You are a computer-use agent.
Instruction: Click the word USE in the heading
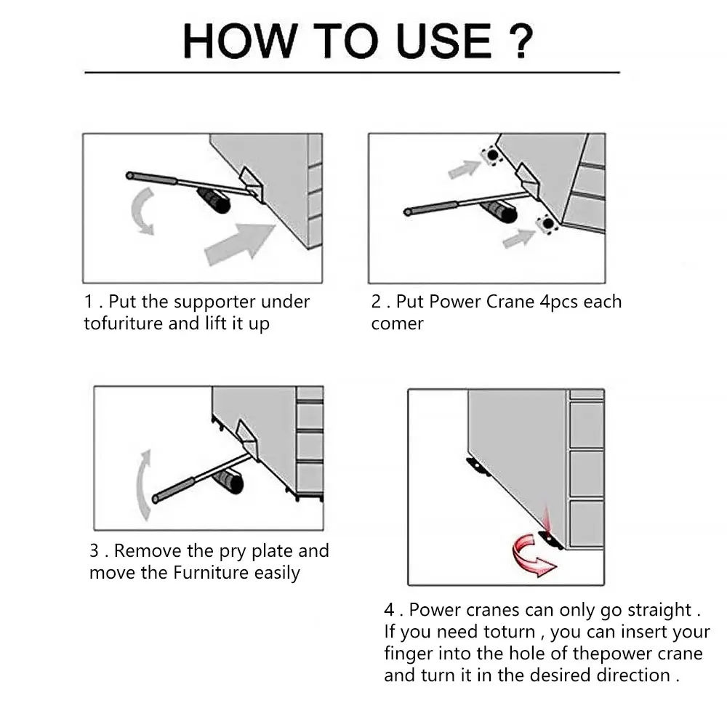tap(443, 41)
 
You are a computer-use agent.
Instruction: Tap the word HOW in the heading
tap(240, 41)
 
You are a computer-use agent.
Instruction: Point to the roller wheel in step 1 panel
tap(214, 201)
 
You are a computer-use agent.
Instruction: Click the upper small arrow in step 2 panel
tap(464, 169)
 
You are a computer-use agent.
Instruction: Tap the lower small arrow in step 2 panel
tap(519, 238)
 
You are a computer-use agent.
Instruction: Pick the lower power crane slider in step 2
tap(547, 225)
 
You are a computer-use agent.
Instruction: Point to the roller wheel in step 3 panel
tap(229, 482)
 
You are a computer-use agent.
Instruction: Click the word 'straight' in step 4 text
tap(659, 611)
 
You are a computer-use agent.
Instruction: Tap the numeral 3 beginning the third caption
tap(94, 551)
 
